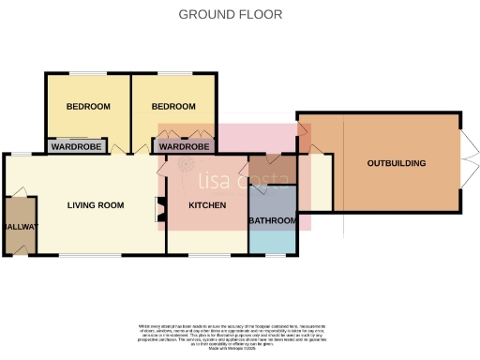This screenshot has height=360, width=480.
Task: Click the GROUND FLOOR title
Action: click(230, 15)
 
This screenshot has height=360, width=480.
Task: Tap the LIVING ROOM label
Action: click(96, 205)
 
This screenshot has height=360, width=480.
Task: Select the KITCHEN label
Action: click(207, 205)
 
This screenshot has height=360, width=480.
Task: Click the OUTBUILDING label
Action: click(396, 163)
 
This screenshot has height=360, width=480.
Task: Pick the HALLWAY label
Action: click(16, 227)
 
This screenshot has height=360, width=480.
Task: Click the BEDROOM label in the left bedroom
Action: click(88, 106)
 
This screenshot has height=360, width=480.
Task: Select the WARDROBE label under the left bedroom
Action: click(77, 147)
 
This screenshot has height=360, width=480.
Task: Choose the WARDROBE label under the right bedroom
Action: click(183, 147)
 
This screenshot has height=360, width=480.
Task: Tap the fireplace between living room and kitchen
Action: click(158, 207)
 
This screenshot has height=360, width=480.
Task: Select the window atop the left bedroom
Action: click(88, 73)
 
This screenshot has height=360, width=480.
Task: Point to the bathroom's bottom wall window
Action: click(273, 254)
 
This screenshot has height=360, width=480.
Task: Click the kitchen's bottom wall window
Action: click(207, 254)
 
